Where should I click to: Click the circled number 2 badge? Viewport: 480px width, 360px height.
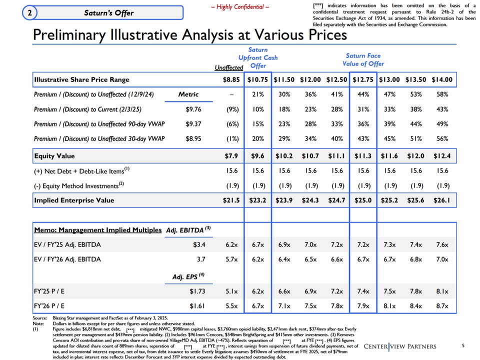pyautogui.click(x=29, y=13)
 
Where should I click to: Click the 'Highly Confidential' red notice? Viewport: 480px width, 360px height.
pyautogui.click(x=240, y=6)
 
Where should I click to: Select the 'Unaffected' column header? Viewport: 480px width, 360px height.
pyautogui.click(x=228, y=67)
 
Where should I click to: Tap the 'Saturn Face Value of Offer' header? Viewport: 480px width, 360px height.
pyautogui.click(x=363, y=59)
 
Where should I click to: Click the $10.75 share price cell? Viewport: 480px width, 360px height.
pyautogui.click(x=257, y=79)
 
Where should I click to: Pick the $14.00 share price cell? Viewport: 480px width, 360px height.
pyautogui.click(x=442, y=79)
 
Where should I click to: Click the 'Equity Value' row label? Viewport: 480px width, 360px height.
pyautogui.click(x=54, y=156)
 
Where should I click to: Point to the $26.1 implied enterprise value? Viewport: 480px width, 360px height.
pyautogui.click(x=442, y=200)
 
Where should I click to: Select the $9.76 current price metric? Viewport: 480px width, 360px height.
pyautogui.click(x=193, y=109)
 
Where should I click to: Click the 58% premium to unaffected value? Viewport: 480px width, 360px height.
pyautogui.click(x=442, y=94)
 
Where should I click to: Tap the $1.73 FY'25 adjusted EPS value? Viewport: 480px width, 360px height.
pyautogui.click(x=197, y=291)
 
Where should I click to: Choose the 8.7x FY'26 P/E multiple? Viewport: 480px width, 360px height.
pyautogui.click(x=442, y=306)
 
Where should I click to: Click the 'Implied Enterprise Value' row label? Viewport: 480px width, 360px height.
pyautogui.click(x=74, y=200)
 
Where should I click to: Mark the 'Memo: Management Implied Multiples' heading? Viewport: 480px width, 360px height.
pyautogui.click(x=98, y=230)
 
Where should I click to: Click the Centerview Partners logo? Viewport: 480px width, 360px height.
pyautogui.click(x=400, y=346)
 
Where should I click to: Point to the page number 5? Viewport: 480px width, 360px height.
pyautogui.click(x=463, y=345)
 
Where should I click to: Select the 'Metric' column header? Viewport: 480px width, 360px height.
pyautogui.click(x=188, y=94)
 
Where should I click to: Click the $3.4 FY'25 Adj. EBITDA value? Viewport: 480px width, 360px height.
pyautogui.click(x=199, y=244)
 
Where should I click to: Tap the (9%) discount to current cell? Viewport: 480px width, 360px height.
pyautogui.click(x=232, y=109)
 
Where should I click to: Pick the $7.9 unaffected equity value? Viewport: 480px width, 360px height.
pyautogui.click(x=231, y=156)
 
